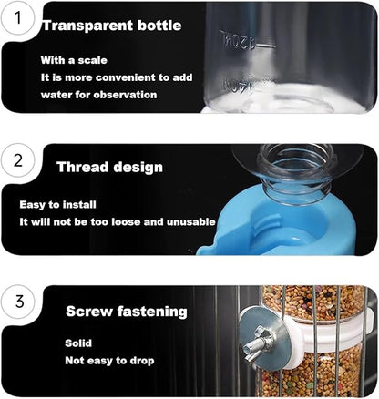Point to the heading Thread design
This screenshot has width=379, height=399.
[x=109, y=167]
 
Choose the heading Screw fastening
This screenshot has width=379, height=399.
[x=126, y=312]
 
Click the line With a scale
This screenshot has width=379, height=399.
[x=72, y=59]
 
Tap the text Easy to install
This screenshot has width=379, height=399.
[x=57, y=204]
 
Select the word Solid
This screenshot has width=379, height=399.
[x=78, y=343]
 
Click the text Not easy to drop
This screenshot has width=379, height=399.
[x=109, y=361]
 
